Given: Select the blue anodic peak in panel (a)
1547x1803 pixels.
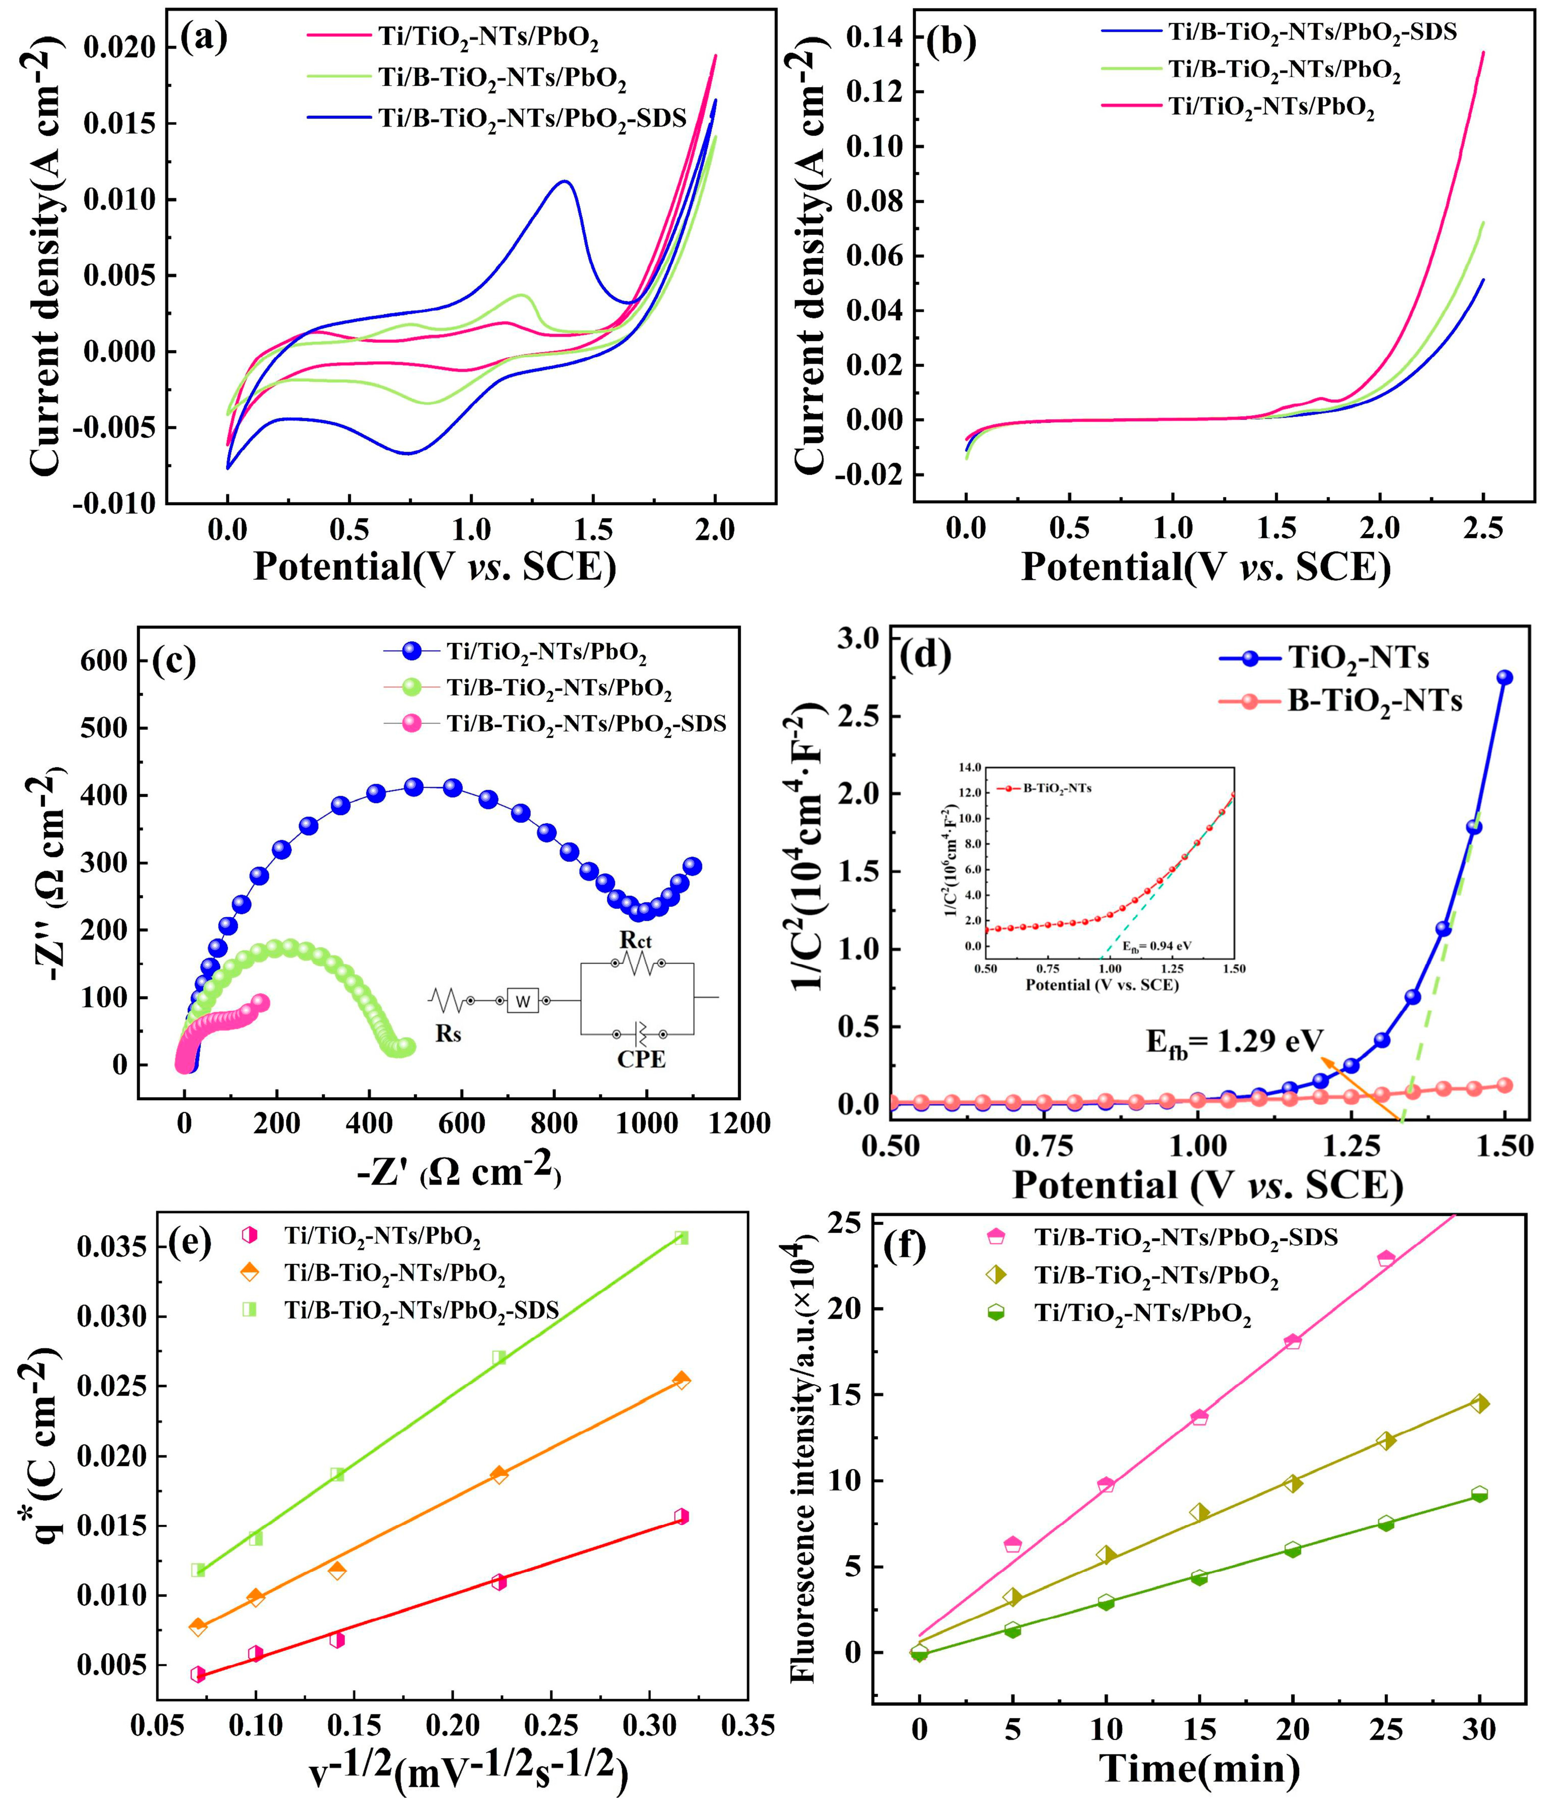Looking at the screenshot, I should click(565, 182).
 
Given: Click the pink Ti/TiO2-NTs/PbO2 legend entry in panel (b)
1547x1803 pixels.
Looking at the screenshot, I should click(1270, 108).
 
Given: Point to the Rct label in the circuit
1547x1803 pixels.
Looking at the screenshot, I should click(636, 939).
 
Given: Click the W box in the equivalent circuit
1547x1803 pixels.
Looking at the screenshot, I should click(522, 1002).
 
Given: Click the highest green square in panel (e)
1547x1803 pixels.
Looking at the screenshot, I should click(681, 1237).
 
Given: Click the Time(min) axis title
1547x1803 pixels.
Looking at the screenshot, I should click(1201, 1768).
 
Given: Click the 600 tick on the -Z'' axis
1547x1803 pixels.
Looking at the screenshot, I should click(107, 661).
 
